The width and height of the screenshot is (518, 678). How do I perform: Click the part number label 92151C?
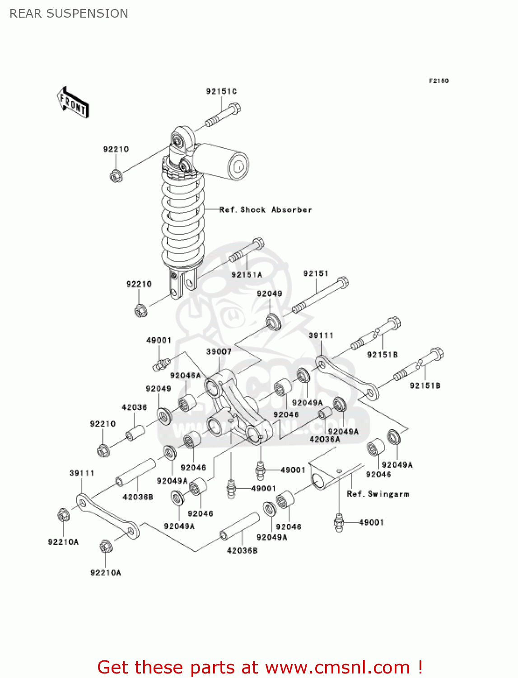tap(221, 91)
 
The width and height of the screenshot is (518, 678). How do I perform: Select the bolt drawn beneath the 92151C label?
tap(223, 115)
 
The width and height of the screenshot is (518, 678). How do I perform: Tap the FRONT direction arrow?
tap(73, 103)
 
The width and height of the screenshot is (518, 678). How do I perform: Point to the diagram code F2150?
tap(439, 81)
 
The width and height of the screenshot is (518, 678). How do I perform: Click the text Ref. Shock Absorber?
tap(266, 210)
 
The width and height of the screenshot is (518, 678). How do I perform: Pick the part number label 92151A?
tap(247, 275)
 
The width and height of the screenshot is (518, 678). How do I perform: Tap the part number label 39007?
tap(219, 352)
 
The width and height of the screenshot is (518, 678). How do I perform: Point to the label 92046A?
tap(185, 376)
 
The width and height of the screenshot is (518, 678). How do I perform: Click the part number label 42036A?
tap(325, 439)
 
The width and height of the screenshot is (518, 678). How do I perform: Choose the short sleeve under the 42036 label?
tap(135, 432)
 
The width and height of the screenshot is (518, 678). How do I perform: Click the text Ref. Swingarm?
tap(378, 494)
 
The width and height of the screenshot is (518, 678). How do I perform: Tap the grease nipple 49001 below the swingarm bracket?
tap(339, 523)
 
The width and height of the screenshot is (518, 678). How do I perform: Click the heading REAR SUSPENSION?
tap(69, 14)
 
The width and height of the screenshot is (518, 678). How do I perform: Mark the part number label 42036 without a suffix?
tap(134, 407)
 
